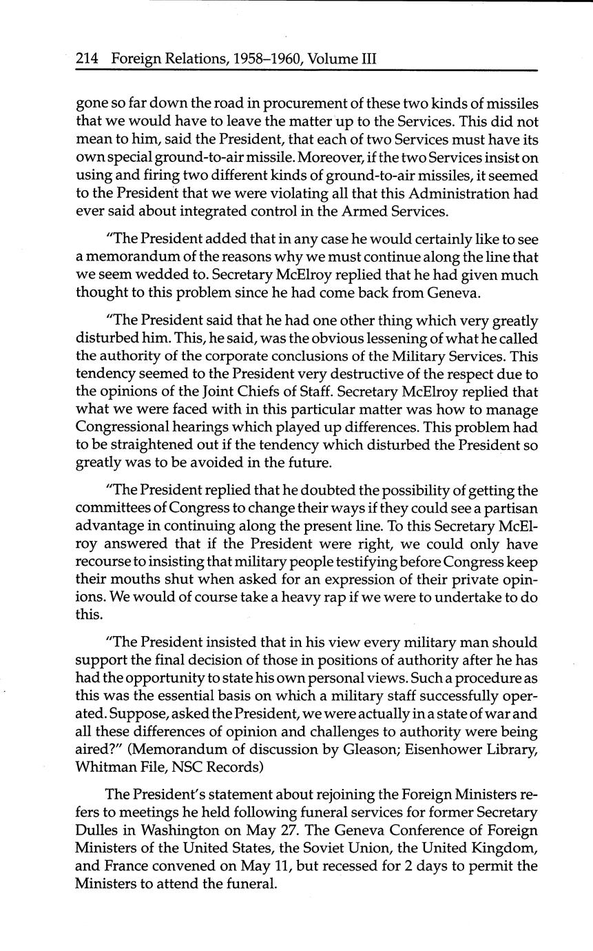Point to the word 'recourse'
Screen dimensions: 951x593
101,562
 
